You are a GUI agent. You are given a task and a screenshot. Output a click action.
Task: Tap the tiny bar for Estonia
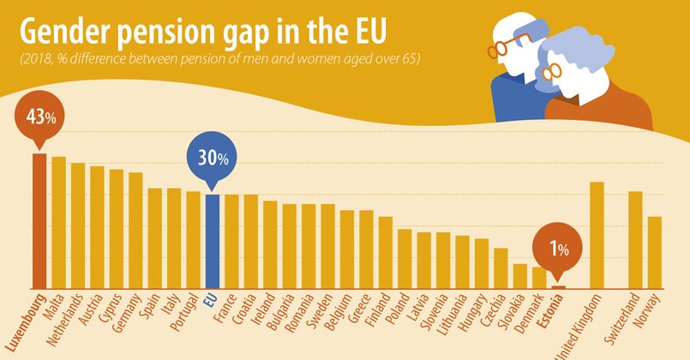(559, 286)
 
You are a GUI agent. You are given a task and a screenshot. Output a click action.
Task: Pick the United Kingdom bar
(597, 235)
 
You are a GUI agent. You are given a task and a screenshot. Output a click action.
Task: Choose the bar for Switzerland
(635, 239)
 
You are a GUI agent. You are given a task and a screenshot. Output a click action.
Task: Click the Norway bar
(654, 252)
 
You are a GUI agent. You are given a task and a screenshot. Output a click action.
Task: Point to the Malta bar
(58, 222)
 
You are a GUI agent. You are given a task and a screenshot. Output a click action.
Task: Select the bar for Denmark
(539, 278)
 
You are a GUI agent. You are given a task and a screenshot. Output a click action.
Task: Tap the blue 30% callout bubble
(211, 159)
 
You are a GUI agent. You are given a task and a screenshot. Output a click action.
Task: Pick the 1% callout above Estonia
(559, 249)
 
